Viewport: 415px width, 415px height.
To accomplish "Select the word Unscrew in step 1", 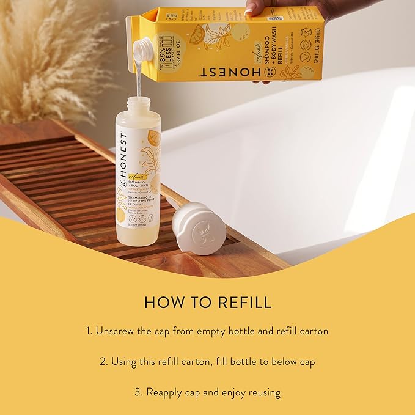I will point(119,331).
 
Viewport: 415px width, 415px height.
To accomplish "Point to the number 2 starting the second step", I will point(103,361).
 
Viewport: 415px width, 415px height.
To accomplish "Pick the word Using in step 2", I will point(124,361).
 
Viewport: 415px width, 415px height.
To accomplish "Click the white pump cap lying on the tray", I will point(199,229).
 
